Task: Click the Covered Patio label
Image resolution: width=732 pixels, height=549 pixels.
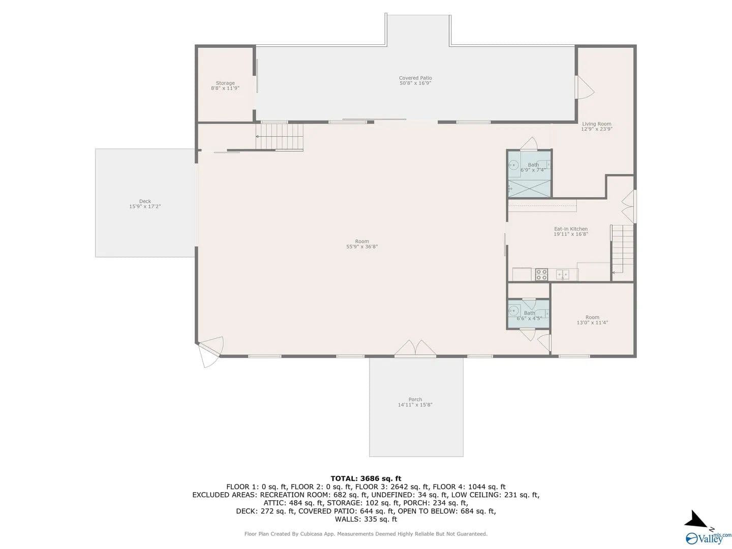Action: [415, 80]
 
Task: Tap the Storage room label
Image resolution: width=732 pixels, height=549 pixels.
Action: [225, 86]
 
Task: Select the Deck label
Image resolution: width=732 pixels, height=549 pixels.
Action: [145, 204]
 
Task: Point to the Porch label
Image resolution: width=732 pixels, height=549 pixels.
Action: [415, 402]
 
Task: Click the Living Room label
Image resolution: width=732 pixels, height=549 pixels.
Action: [597, 127]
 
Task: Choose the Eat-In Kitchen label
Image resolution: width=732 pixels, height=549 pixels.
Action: [571, 231]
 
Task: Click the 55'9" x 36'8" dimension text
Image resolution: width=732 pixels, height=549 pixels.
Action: [362, 247]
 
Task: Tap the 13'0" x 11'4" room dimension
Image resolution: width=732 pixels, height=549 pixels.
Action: [592, 322]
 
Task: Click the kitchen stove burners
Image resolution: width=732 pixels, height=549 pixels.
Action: [541, 274]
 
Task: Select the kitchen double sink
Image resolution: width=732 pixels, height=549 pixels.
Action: [563, 274]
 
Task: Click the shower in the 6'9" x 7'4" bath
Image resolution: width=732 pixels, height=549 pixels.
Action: [529, 188]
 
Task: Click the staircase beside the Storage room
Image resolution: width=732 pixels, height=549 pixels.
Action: [280, 137]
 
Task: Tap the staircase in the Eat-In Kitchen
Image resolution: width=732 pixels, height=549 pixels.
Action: [623, 249]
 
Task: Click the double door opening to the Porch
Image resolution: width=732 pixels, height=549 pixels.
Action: [415, 348]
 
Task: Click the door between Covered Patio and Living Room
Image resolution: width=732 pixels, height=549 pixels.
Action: [584, 87]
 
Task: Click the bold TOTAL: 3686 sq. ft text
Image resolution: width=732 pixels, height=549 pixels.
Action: [366, 479]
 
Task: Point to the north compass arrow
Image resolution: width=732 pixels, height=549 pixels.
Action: [695, 520]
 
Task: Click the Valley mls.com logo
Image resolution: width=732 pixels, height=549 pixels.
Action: [707, 537]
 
